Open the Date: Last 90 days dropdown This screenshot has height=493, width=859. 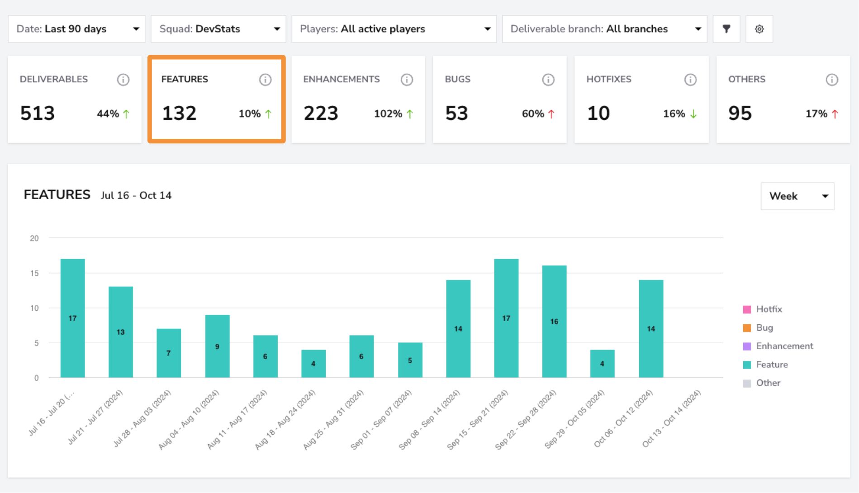[76, 29]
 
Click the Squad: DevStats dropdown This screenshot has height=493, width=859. [218, 29]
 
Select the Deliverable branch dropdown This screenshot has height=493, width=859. [605, 29]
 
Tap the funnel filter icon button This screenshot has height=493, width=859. [726, 29]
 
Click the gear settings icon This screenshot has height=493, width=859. [759, 29]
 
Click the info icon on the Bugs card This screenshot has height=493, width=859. [548, 80]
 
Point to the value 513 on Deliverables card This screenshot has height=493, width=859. [38, 113]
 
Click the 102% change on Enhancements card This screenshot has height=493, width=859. [388, 114]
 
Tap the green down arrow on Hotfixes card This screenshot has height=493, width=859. [693, 114]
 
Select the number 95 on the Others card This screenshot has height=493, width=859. [740, 113]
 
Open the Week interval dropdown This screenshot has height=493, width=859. [797, 196]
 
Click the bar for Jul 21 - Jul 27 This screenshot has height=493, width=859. [121, 332]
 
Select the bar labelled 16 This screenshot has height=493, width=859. [555, 322]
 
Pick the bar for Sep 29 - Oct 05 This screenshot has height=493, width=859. [603, 364]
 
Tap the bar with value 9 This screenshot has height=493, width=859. [218, 346]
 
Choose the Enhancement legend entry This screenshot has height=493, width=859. [778, 346]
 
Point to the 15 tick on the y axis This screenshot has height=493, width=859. [34, 273]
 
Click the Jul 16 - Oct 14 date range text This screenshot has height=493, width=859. [136, 195]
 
